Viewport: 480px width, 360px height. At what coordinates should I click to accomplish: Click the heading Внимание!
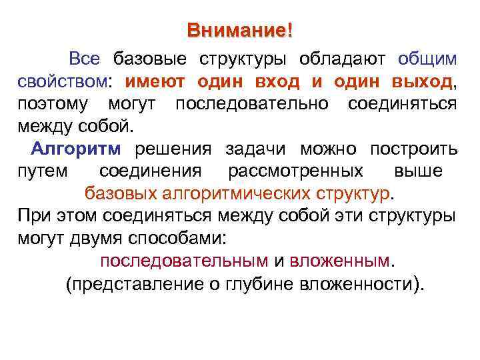pos(239,31)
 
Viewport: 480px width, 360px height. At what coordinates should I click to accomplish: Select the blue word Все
pos(85,59)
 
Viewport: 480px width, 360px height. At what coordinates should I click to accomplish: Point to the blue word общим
pos(427,59)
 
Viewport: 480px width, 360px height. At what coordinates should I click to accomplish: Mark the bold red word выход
pos(414,82)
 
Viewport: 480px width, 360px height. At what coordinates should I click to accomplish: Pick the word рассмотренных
pos(296,171)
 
